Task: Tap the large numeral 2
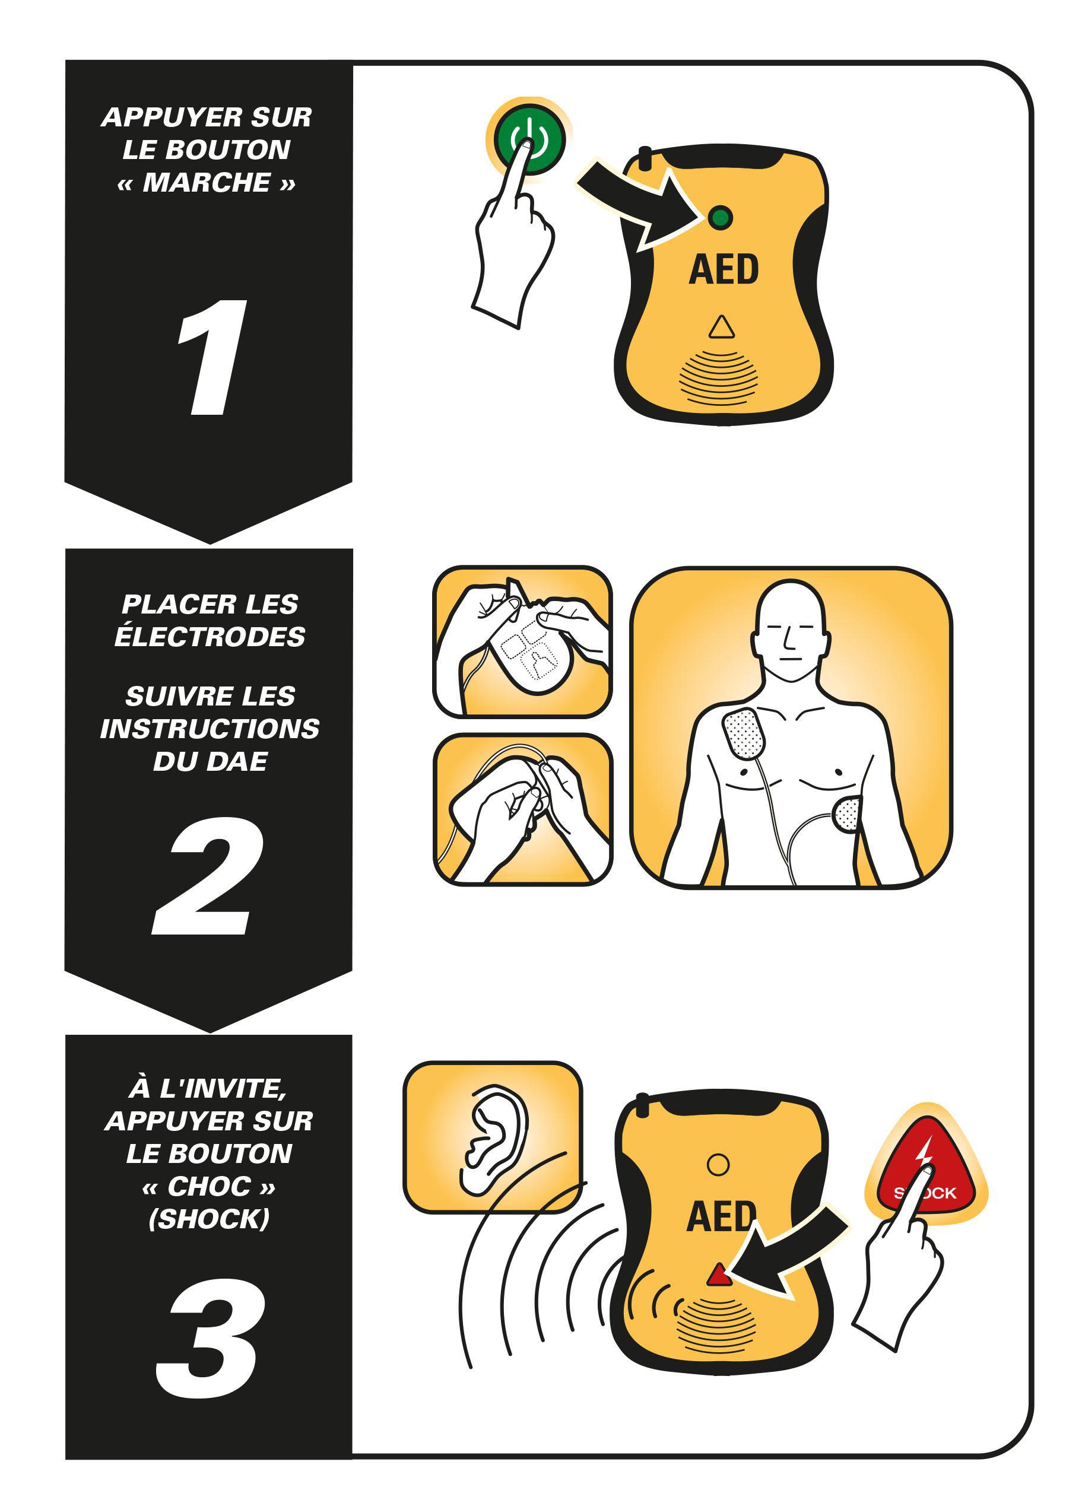click(209, 875)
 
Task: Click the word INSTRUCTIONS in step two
click(210, 729)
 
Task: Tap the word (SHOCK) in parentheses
click(209, 1219)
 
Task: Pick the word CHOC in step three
click(209, 1186)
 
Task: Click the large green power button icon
click(528, 139)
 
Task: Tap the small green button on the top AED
click(720, 217)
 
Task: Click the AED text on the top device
click(724, 270)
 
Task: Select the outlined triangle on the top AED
click(721, 327)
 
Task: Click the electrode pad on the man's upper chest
click(743, 735)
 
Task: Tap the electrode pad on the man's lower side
click(847, 814)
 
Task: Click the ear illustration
click(494, 1141)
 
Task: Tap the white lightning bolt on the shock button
click(924, 1152)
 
